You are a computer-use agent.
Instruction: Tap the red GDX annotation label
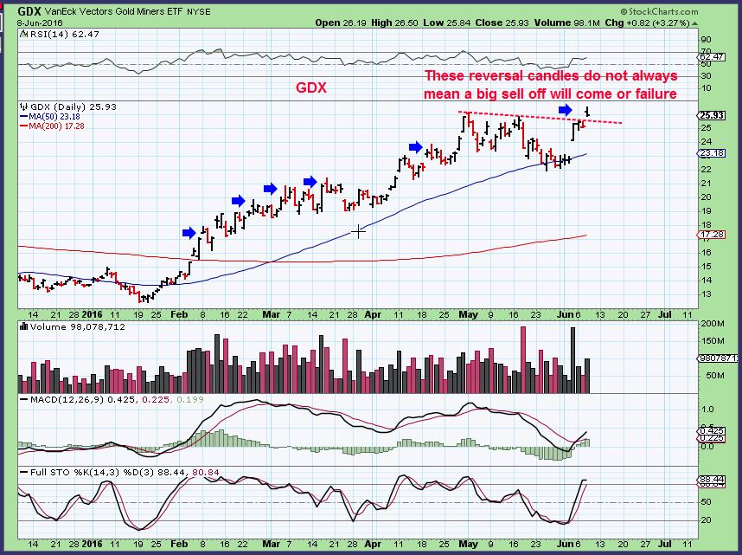click(x=310, y=87)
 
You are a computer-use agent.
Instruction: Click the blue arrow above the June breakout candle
click(x=565, y=110)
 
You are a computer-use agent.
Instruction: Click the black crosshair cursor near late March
click(x=358, y=230)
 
